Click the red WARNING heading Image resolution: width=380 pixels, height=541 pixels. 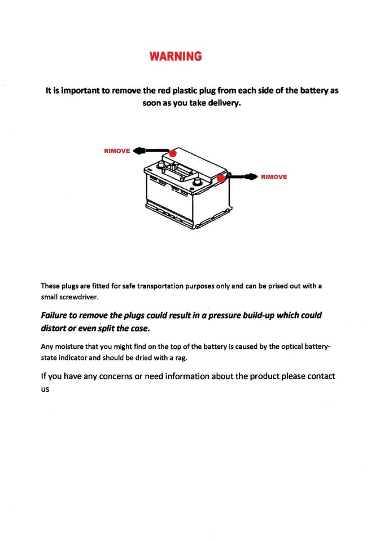click(176, 56)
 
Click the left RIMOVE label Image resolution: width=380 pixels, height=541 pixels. click(116, 151)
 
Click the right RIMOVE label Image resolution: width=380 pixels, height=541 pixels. click(274, 177)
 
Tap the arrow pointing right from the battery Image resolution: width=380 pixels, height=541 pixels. click(242, 177)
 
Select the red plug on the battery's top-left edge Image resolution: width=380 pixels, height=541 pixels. click(173, 153)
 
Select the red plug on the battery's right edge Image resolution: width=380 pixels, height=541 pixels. click(221, 178)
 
